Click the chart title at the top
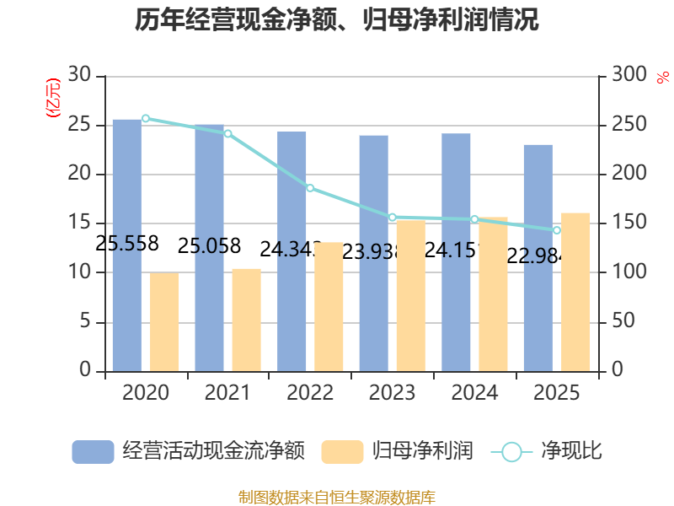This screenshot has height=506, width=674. point(336,19)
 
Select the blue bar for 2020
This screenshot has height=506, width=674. point(127,245)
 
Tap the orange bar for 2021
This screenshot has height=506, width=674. point(247,320)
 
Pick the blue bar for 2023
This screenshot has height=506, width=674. point(374,254)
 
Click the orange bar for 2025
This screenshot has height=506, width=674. point(575,292)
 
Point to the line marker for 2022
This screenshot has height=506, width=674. point(310,188)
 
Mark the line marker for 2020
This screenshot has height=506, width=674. point(146,118)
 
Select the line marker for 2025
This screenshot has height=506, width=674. point(557,230)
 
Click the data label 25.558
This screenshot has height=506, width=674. point(127,244)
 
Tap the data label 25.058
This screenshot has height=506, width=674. point(209,246)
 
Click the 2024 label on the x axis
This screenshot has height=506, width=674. point(474,392)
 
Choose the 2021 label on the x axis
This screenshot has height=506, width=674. point(227,392)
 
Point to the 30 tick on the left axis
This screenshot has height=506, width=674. point(79,74)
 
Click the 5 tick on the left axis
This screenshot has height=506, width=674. point(85,321)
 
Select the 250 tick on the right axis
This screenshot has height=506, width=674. point(629,124)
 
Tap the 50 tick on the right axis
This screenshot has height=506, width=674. point(623,320)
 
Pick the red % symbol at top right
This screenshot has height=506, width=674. point(663,78)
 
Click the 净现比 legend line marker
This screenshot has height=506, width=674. point(511,452)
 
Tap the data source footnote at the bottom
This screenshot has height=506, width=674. point(336,497)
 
